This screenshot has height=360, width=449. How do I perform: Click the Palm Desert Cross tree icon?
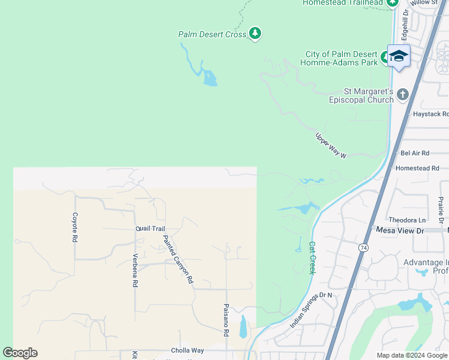point(255,33)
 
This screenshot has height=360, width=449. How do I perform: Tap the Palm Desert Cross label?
point(212,35)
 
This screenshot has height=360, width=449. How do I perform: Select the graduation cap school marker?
point(399,56)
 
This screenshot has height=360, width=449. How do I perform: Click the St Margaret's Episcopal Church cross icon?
point(402,94)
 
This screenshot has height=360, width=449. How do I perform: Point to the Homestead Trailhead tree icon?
point(393,2)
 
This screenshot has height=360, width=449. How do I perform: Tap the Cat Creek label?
point(312,258)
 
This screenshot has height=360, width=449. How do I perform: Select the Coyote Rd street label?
point(75,227)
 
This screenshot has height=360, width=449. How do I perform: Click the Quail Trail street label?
point(150,229)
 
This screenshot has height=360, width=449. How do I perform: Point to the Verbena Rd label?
point(135,271)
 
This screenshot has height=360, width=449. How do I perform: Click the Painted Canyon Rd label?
point(179,259)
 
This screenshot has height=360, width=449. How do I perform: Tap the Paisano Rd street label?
point(226,320)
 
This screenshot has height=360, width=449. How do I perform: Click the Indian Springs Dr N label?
point(312,310)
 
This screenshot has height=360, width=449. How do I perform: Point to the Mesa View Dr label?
point(400,230)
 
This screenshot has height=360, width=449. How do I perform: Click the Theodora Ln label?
point(407,220)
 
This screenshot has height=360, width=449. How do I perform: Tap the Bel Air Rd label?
point(415,154)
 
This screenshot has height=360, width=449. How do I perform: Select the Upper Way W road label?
point(331,146)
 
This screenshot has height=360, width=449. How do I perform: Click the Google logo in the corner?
point(20,353)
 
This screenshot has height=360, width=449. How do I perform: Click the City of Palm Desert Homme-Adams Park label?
point(341,58)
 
